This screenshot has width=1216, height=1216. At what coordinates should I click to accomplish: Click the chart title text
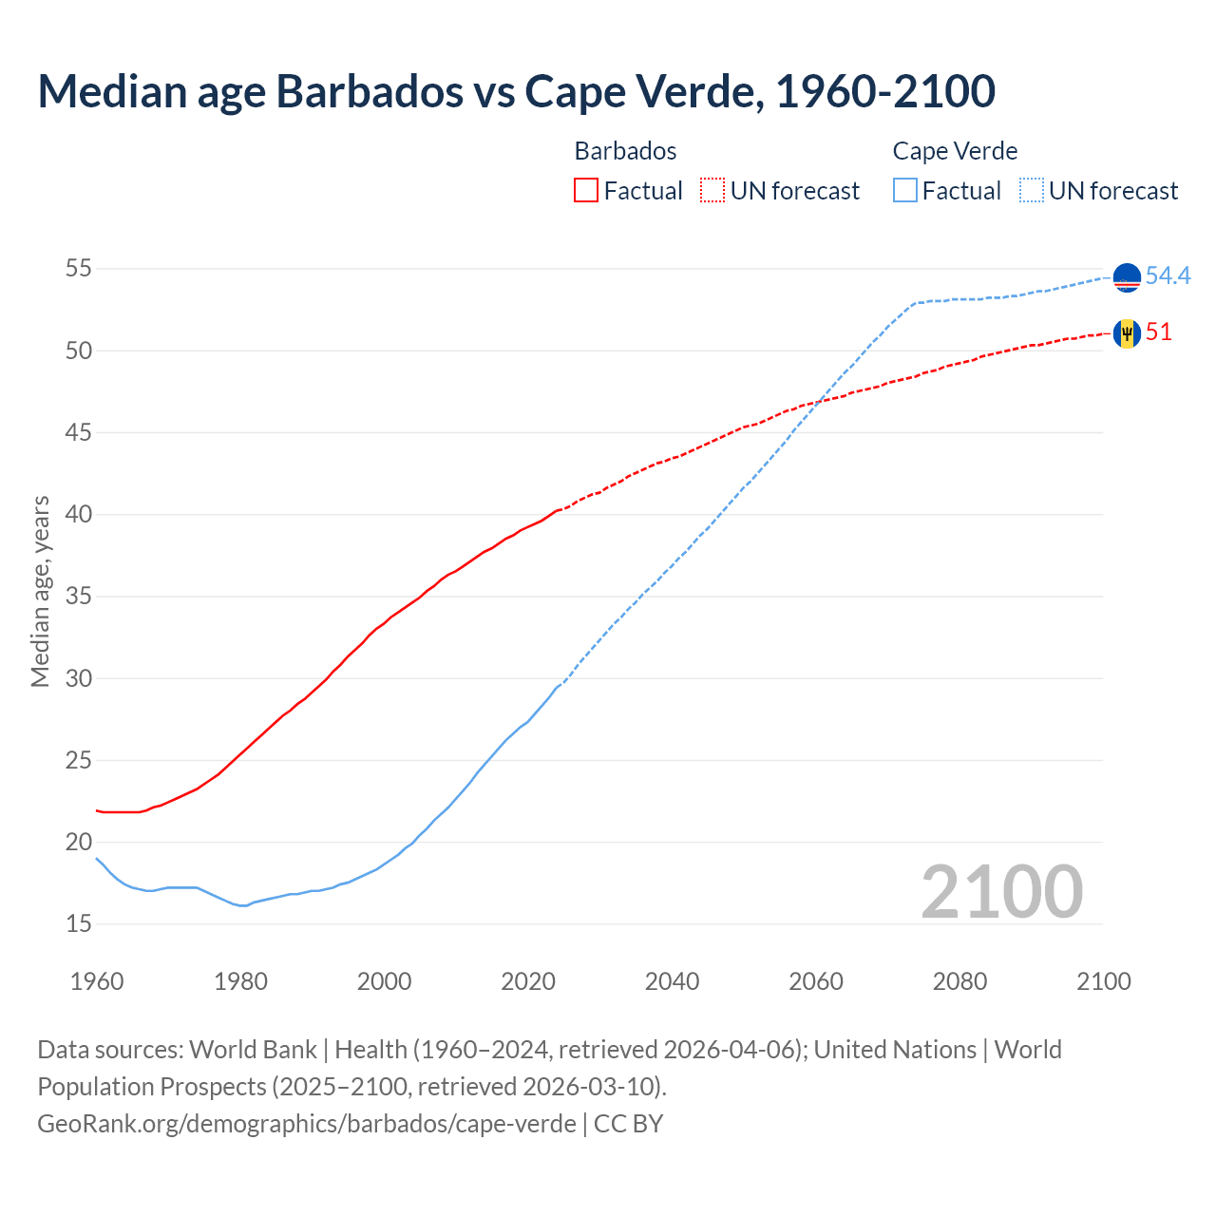pyautogui.click(x=516, y=91)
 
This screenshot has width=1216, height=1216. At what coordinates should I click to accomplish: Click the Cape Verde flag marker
pyautogui.click(x=1127, y=277)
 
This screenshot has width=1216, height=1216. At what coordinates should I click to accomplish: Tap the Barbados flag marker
pyautogui.click(x=1127, y=333)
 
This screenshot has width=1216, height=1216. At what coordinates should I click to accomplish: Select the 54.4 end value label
pyautogui.click(x=1168, y=275)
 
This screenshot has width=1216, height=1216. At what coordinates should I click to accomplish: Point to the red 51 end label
pyautogui.click(x=1159, y=332)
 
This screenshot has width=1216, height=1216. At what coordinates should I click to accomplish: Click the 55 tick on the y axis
pyautogui.click(x=78, y=269)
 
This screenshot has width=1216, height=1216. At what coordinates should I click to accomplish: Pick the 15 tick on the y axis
pyautogui.click(x=78, y=923)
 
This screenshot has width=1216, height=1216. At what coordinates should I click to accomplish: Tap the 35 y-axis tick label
pyautogui.click(x=78, y=597)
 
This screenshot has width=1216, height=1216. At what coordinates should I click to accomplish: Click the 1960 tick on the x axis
pyautogui.click(x=97, y=981)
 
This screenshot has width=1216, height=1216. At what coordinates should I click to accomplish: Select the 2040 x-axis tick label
pyautogui.click(x=672, y=981)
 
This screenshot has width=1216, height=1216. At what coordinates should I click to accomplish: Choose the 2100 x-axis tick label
pyautogui.click(x=1103, y=981)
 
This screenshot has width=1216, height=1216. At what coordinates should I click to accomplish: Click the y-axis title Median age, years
pyautogui.click(x=40, y=591)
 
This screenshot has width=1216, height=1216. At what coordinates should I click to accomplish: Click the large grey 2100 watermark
pyautogui.click(x=1001, y=891)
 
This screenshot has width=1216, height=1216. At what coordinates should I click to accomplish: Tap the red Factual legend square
pyautogui.click(x=586, y=190)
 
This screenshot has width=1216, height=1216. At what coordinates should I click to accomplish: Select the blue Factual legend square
pyautogui.click(x=905, y=190)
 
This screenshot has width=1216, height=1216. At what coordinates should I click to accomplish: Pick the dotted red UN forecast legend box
pyautogui.click(x=712, y=190)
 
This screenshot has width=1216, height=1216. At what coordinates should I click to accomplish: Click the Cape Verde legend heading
pyautogui.click(x=955, y=151)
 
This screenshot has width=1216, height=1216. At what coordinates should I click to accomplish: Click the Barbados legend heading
pyautogui.click(x=625, y=151)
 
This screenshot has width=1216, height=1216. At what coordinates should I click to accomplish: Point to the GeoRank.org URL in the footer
pyautogui.click(x=307, y=1123)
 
